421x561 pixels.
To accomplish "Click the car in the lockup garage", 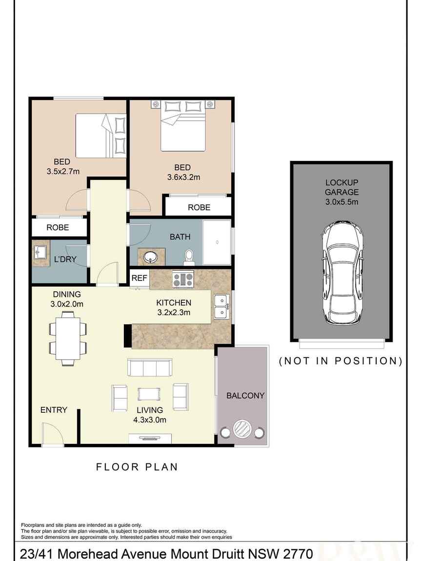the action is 342,273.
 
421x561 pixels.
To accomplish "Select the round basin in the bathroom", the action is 149,257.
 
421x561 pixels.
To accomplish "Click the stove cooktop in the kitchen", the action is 183,279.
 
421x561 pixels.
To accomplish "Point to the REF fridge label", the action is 139,278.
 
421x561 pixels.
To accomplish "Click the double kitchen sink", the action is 222,307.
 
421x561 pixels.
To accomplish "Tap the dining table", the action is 68,339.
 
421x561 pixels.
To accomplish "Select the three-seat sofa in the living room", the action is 149,367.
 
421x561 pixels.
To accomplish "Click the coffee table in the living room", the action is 149,394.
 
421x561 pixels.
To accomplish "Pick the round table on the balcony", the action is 242,429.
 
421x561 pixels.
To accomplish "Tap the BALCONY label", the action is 245,395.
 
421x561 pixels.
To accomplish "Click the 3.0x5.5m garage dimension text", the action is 341,202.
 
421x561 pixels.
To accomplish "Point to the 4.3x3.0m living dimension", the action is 149,420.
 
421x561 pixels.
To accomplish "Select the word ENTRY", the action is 54,410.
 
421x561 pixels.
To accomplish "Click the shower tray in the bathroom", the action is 217,242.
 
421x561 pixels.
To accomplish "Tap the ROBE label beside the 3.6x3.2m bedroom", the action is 199,207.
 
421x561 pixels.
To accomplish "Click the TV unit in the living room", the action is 150,439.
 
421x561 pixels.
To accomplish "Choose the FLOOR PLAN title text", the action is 137,467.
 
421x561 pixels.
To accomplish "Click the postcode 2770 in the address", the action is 298,554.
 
